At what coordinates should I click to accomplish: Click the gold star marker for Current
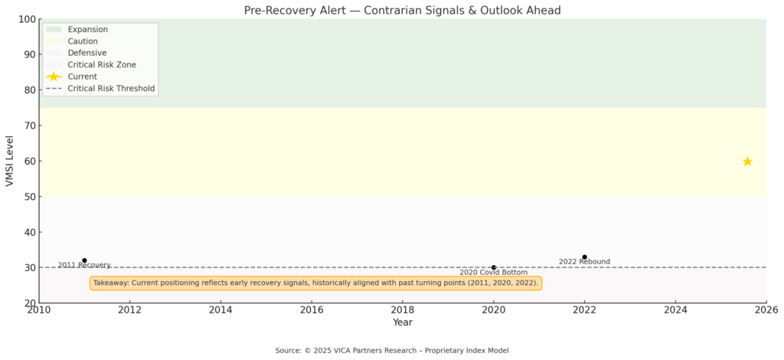747,161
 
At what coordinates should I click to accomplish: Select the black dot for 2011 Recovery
84,260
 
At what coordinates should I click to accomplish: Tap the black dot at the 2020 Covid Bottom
494,267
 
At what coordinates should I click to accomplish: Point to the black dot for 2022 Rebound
584,257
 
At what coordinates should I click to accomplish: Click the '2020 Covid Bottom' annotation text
494,273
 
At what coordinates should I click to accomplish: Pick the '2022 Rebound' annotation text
584,261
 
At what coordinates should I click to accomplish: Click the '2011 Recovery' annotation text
84,265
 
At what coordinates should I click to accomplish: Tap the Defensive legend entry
76,53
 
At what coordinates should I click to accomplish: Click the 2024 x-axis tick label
675,310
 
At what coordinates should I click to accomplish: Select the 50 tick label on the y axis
31,197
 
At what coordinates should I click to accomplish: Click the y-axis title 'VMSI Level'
10,161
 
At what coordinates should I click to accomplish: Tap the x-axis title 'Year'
403,322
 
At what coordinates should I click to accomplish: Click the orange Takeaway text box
315,283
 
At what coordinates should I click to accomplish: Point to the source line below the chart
392,351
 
